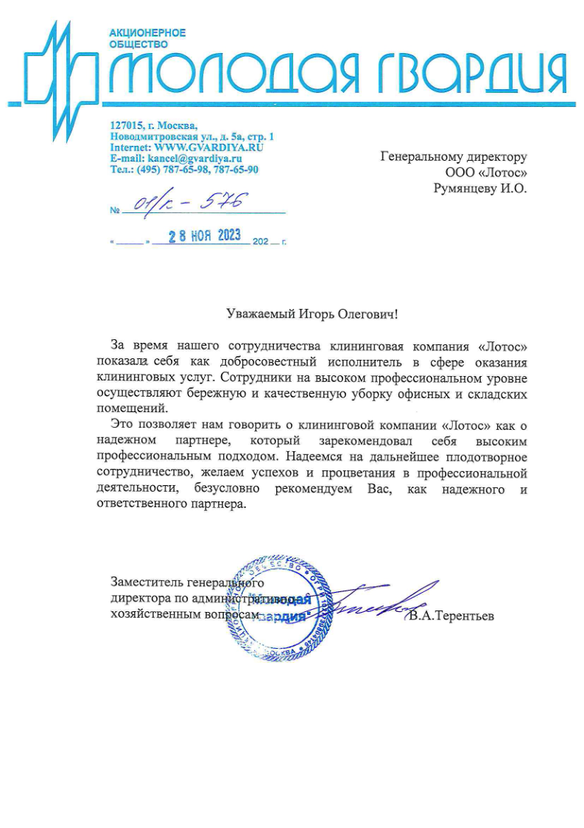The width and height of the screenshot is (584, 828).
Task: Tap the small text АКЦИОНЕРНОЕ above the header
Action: click(147, 33)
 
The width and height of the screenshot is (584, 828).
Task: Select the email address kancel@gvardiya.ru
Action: click(195, 158)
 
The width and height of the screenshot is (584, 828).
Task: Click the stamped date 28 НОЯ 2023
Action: click(205, 236)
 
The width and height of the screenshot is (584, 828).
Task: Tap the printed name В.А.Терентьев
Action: click(453, 615)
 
